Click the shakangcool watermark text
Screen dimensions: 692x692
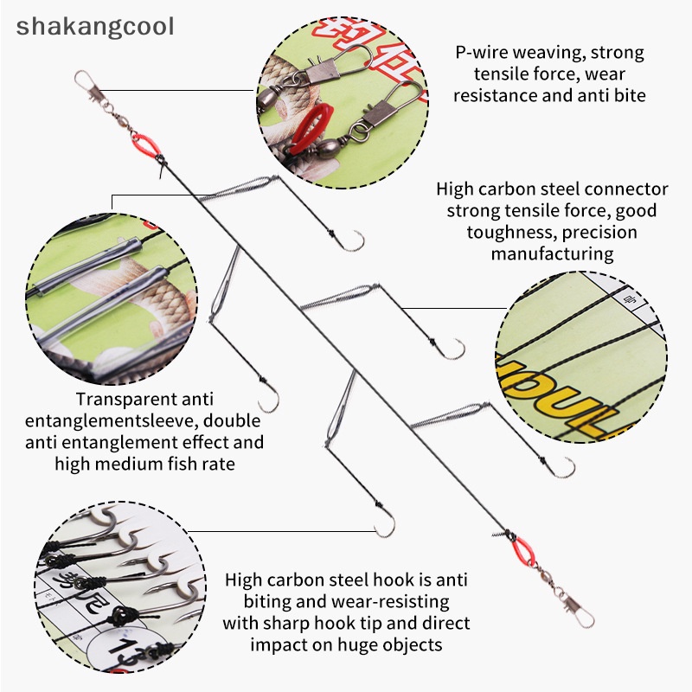pyautogui.click(x=95, y=26)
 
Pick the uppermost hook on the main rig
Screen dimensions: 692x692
pyautogui.click(x=350, y=240)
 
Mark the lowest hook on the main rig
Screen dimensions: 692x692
pyautogui.click(x=384, y=522)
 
